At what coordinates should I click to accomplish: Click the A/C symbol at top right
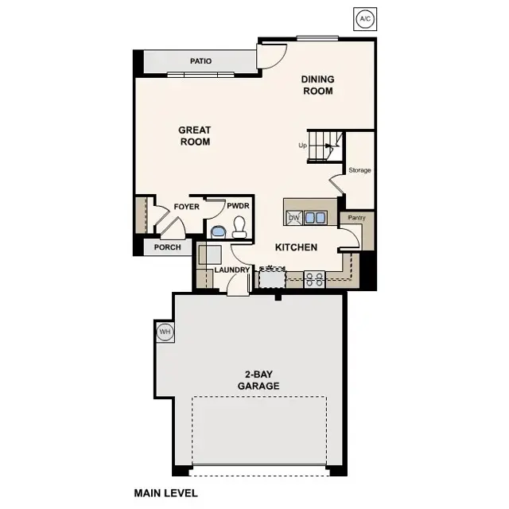(x=364, y=17)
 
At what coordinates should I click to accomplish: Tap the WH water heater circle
(x=165, y=331)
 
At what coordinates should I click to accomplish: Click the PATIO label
(x=200, y=61)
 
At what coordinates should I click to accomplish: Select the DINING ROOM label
(x=317, y=85)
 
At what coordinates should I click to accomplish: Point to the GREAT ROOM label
(x=194, y=136)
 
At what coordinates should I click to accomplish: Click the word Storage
(x=359, y=170)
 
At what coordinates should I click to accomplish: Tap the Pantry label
(x=351, y=217)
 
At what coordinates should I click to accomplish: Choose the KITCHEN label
(x=296, y=247)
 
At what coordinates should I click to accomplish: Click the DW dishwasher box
(x=293, y=218)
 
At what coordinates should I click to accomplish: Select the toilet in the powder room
(x=239, y=229)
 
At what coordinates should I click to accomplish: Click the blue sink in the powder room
(x=218, y=232)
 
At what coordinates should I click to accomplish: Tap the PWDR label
(x=238, y=206)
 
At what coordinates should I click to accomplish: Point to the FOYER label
(x=186, y=207)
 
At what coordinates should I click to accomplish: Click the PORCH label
(x=167, y=247)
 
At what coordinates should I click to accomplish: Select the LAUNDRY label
(x=232, y=270)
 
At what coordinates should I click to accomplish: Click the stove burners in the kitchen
(x=314, y=279)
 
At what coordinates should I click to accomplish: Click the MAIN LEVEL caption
(x=165, y=493)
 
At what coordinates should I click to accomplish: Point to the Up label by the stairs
(x=302, y=146)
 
